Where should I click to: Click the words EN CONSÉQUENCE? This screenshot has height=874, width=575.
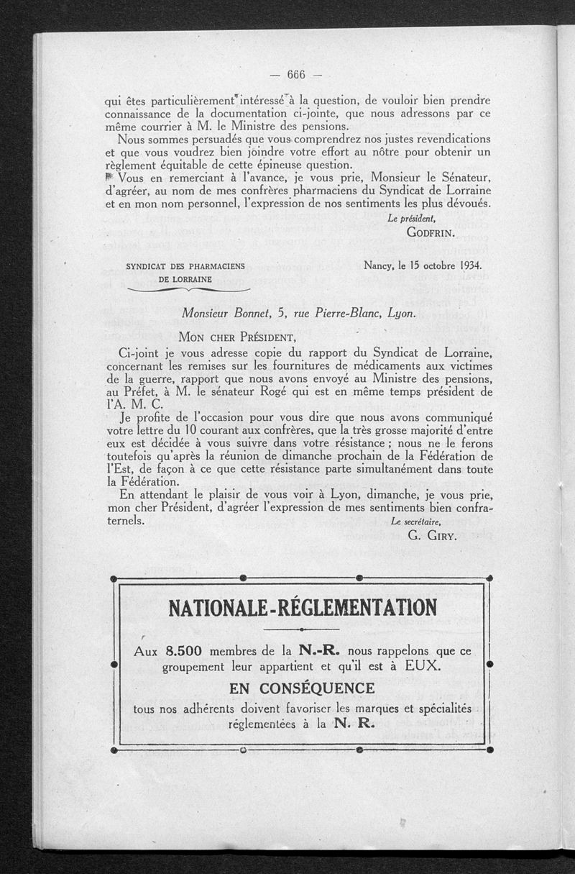302,688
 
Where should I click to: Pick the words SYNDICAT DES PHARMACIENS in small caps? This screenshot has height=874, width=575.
185,266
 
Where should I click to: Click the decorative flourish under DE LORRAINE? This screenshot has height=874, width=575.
188,289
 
